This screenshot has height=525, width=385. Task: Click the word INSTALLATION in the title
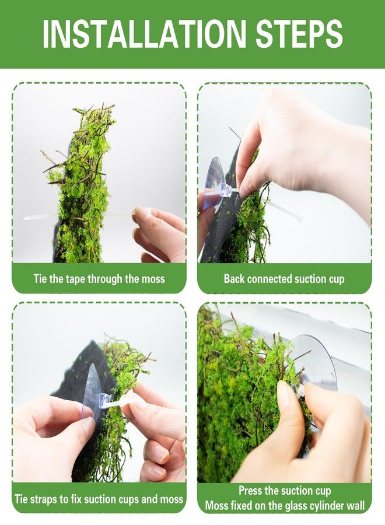click(x=144, y=34)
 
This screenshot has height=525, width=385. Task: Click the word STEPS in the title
click(x=299, y=34)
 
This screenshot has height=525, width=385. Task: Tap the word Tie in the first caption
click(x=40, y=278)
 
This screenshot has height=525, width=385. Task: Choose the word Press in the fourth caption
click(x=250, y=491)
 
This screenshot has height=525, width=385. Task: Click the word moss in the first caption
click(x=153, y=279)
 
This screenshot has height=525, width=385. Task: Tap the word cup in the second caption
click(x=335, y=279)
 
